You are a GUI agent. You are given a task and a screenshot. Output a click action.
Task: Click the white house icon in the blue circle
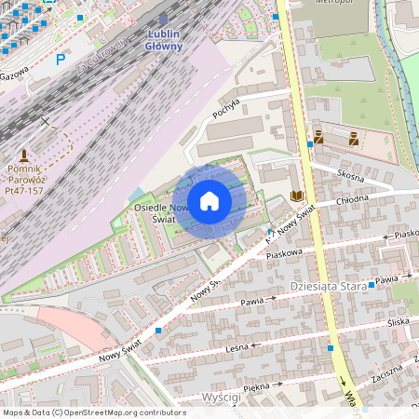[209, 200]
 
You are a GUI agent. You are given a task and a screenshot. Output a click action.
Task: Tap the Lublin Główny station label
[165, 39]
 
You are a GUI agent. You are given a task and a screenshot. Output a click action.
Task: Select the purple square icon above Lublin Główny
[164, 19]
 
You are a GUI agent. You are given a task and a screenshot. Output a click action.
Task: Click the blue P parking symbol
[61, 59]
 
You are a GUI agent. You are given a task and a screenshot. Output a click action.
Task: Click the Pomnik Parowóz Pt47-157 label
[24, 178]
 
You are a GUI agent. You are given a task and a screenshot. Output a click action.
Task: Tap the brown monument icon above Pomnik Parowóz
[24, 153]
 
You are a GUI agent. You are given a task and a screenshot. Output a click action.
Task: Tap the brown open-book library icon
[297, 196]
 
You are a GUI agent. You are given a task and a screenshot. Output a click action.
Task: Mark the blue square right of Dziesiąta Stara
[371, 284]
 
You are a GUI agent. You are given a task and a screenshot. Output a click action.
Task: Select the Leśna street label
[239, 348]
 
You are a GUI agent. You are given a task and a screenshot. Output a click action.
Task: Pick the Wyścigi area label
[220, 398]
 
